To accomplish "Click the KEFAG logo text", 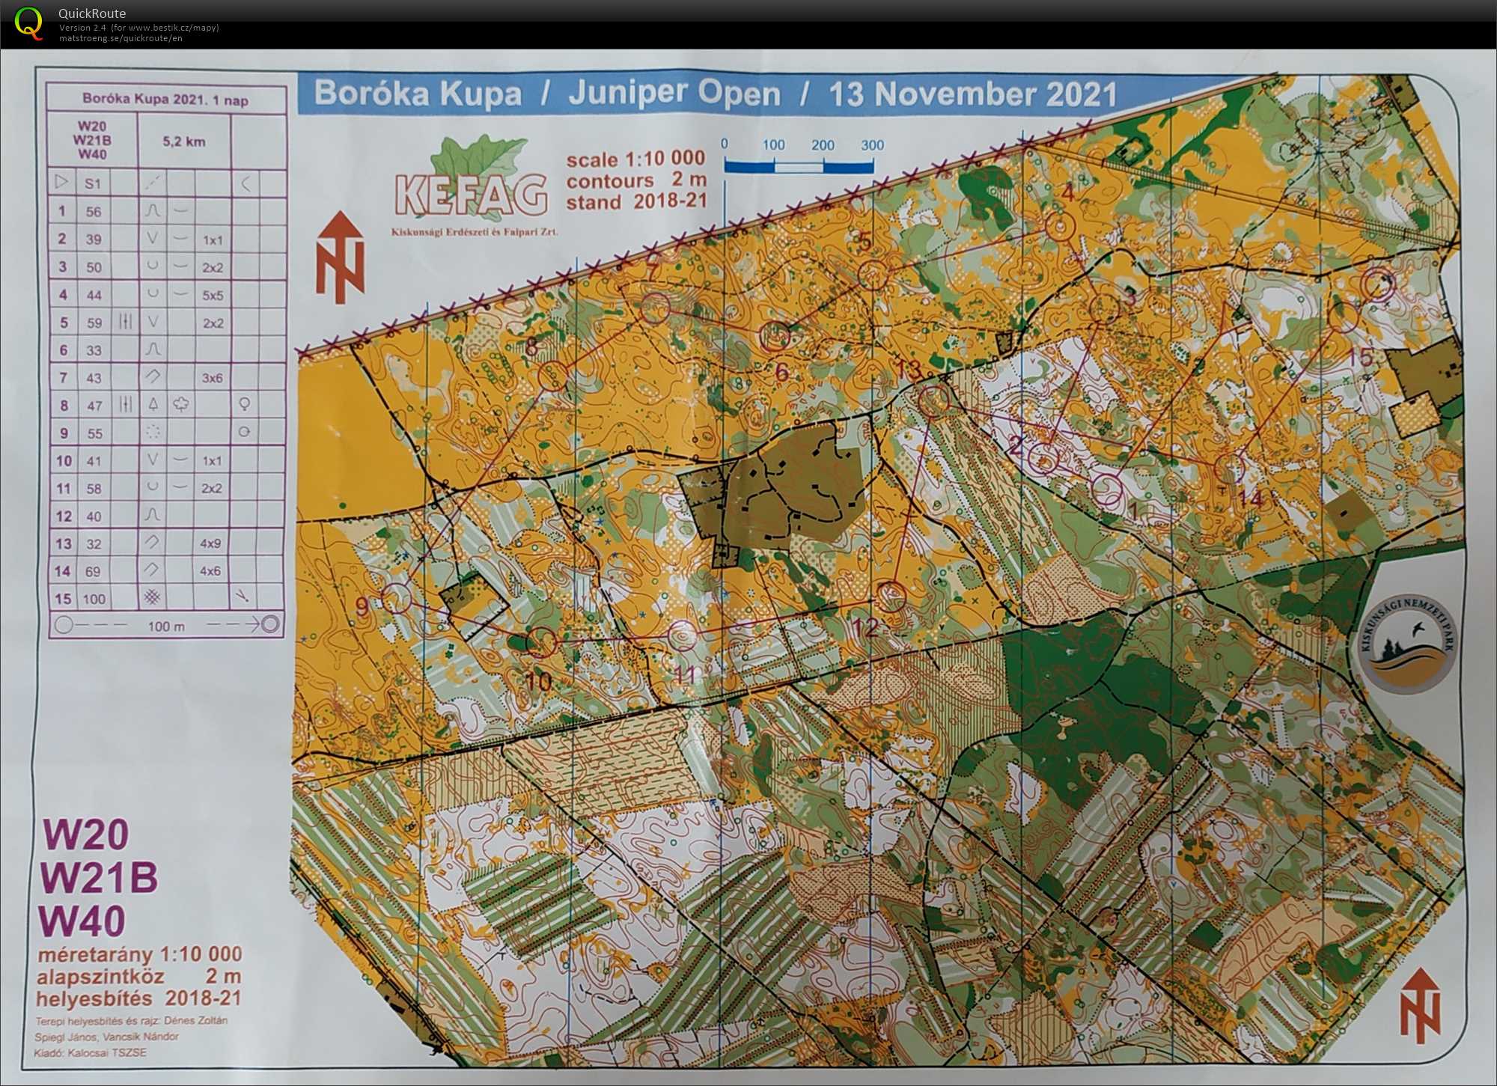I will click(x=471, y=195).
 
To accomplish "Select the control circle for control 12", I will click(x=891, y=597).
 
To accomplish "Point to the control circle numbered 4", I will click(x=1060, y=225).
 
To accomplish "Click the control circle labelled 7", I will click(x=655, y=308).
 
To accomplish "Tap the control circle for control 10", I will click(x=542, y=642).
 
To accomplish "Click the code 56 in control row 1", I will click(x=94, y=212).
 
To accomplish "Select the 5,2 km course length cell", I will click(x=183, y=141).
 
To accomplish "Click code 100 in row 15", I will click(x=94, y=599).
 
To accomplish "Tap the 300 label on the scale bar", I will click(x=872, y=145).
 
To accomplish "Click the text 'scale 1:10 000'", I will click(x=635, y=159).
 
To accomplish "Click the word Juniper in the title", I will click(x=674, y=94).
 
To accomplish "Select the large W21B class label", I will click(x=99, y=878).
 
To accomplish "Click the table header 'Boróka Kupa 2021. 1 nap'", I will click(x=165, y=100).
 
